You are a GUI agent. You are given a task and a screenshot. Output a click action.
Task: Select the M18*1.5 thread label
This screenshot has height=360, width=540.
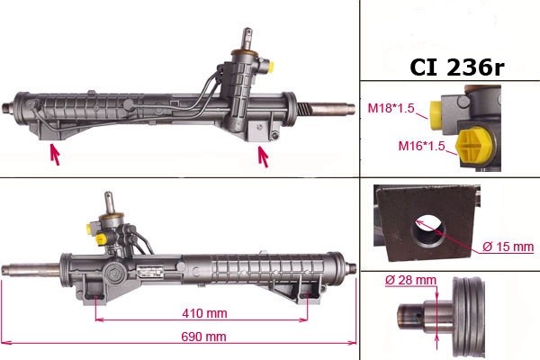click(x=391, y=110)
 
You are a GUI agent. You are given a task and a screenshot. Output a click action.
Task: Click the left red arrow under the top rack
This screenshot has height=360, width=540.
click(x=55, y=154)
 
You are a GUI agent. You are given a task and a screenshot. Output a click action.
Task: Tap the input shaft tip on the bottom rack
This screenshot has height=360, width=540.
click(x=108, y=198)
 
